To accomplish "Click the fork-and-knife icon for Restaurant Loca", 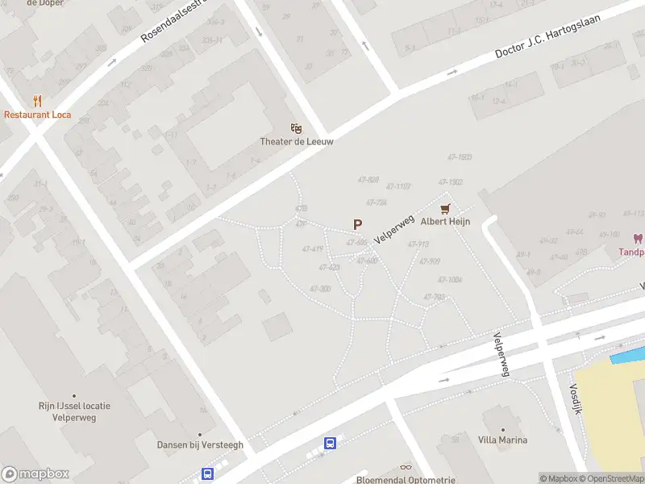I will click(37, 101).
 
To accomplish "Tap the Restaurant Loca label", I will click(37, 115).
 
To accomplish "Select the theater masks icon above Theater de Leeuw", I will click(297, 127).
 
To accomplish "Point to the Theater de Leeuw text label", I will click(297, 141).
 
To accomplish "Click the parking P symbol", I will click(357, 225).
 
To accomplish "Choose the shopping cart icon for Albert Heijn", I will click(444, 208).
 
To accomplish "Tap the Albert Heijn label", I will click(444, 221).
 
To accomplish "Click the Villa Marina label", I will click(502, 440).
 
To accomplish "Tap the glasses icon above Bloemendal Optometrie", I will click(406, 467).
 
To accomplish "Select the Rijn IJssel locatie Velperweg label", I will click(74, 411).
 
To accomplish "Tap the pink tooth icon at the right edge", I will click(638, 239).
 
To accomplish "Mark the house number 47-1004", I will click(448, 279).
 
